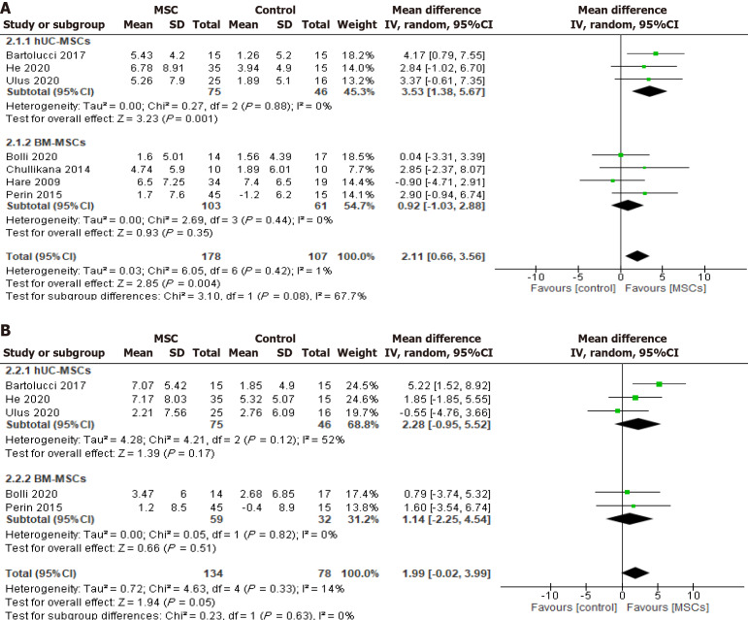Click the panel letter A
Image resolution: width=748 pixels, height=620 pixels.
coord(7,7)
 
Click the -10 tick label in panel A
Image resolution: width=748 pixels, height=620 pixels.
coord(535,276)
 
